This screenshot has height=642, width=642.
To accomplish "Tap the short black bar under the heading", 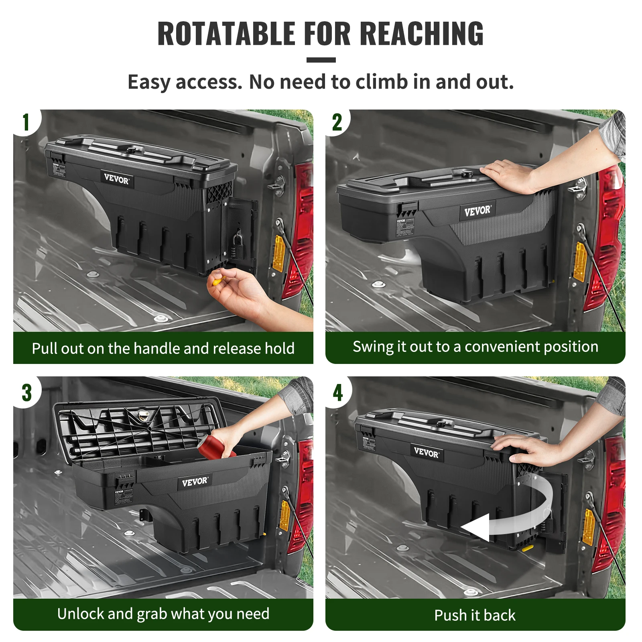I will click(x=321, y=60).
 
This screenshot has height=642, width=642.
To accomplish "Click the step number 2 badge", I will click(x=337, y=122).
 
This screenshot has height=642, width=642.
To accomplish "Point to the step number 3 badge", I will click(x=26, y=392).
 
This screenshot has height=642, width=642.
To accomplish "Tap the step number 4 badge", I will click(x=338, y=392).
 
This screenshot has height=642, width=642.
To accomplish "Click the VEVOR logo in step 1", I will click(x=116, y=179).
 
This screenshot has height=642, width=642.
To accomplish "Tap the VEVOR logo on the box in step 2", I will click(x=477, y=211).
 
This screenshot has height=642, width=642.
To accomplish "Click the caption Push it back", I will click(x=475, y=615).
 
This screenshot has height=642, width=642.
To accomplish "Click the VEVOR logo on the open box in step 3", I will click(x=195, y=481).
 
